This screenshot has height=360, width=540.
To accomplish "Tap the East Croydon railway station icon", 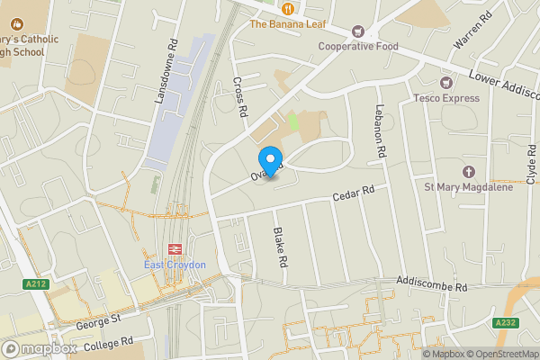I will [x=175, y=249].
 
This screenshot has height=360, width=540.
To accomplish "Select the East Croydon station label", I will [x=175, y=265].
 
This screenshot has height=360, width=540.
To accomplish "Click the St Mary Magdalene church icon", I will [x=468, y=171].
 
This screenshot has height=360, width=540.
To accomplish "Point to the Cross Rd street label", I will [x=240, y=96].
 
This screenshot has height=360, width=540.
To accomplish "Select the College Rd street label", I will [x=108, y=345].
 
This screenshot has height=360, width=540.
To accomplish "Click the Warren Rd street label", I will [x=473, y=31].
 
